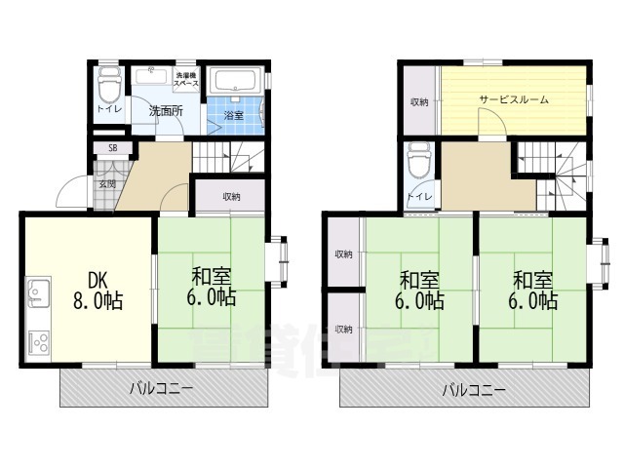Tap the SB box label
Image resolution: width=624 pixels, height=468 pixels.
113,148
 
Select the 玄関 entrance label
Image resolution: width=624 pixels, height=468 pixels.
107,183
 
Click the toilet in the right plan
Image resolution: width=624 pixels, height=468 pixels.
420,159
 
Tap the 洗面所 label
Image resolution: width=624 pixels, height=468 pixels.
166,111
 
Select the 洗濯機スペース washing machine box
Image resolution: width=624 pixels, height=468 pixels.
186,80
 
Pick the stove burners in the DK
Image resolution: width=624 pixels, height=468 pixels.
40,342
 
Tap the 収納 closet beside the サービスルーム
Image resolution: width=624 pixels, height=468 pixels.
419,101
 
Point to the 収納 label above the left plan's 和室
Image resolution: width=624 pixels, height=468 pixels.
231,197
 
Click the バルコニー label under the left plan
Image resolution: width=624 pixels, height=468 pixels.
163,389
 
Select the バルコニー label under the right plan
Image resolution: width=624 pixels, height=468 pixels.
473,390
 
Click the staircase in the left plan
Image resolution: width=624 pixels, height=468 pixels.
229,157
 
